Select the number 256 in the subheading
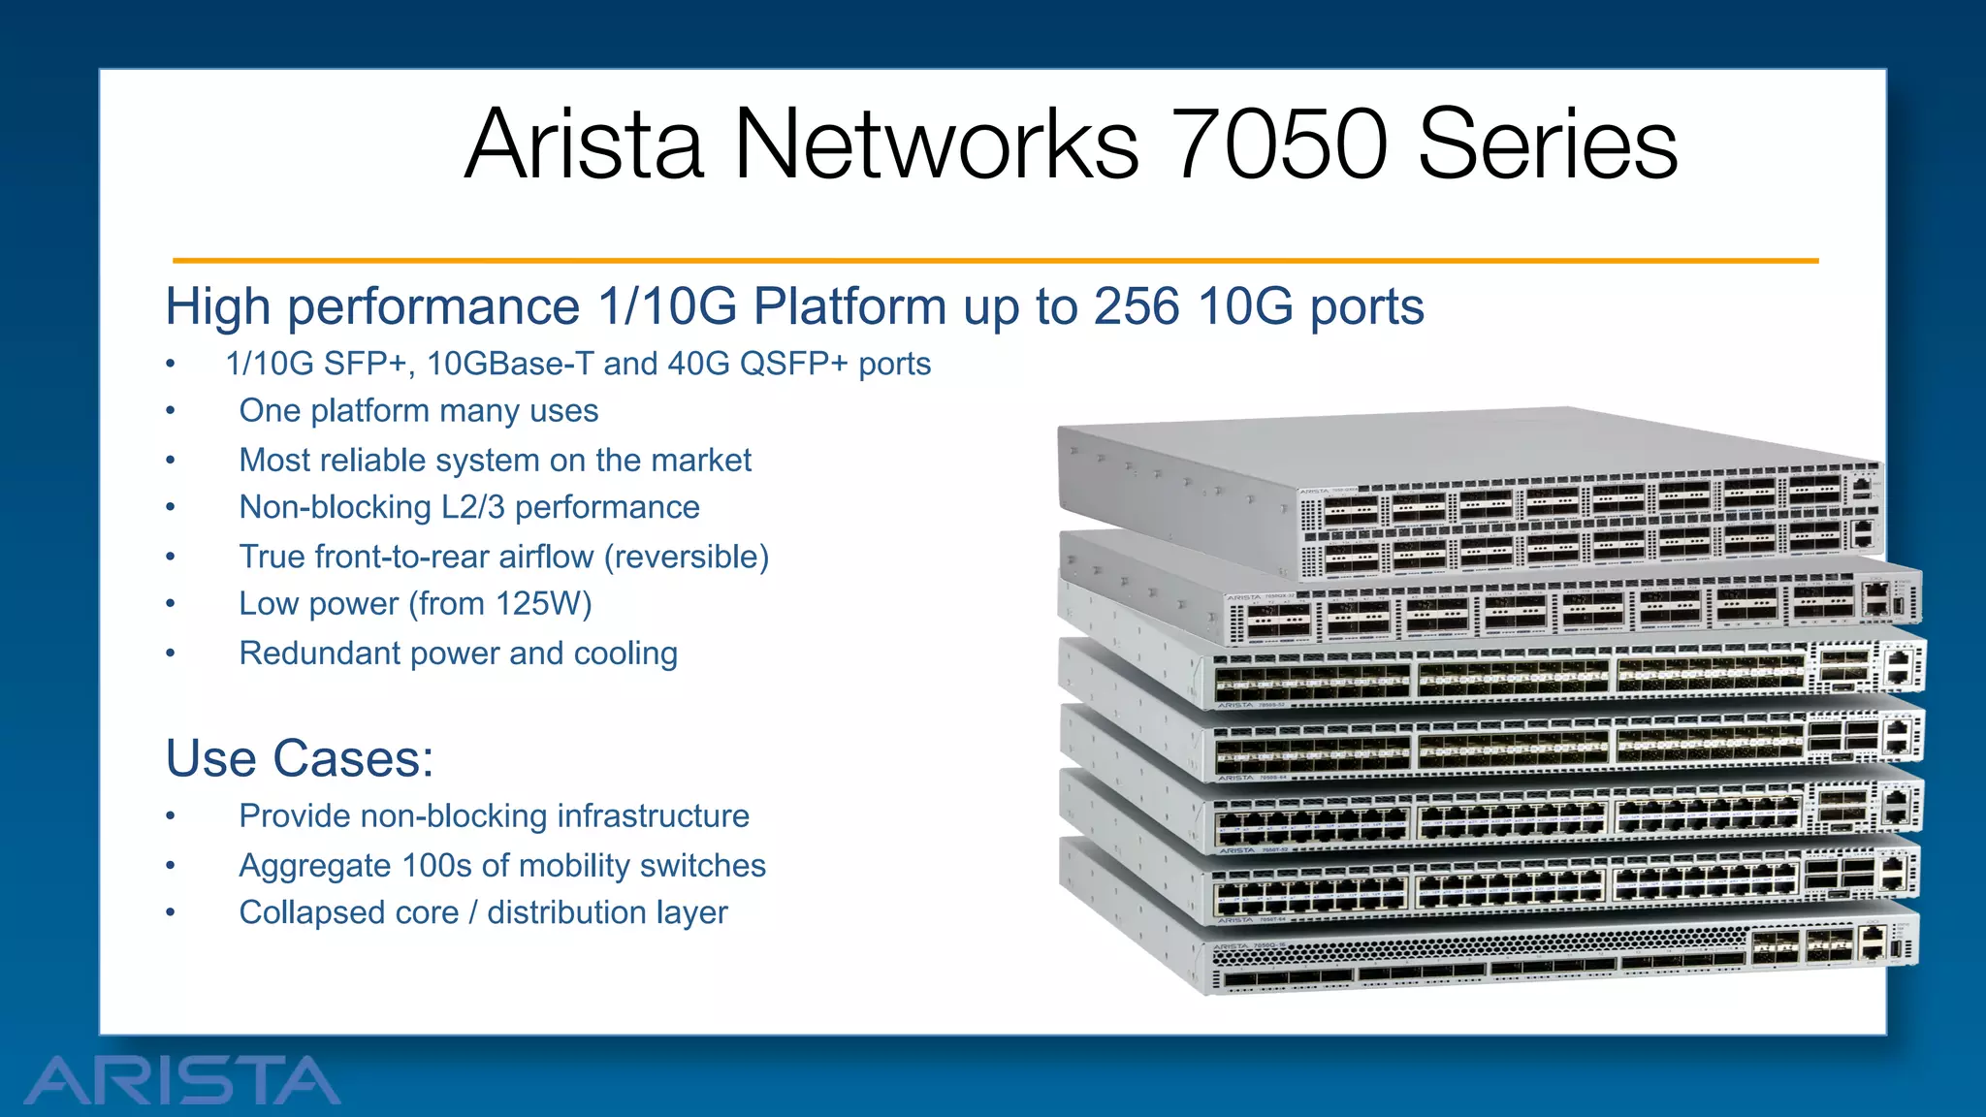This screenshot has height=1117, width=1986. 1137,306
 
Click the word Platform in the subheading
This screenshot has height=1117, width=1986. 849,306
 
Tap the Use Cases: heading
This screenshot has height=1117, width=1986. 300,758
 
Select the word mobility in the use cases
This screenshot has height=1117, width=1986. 563,865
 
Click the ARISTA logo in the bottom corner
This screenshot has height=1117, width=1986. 182,1080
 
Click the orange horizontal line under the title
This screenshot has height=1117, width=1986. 995,261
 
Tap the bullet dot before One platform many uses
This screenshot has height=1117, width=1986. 171,411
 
